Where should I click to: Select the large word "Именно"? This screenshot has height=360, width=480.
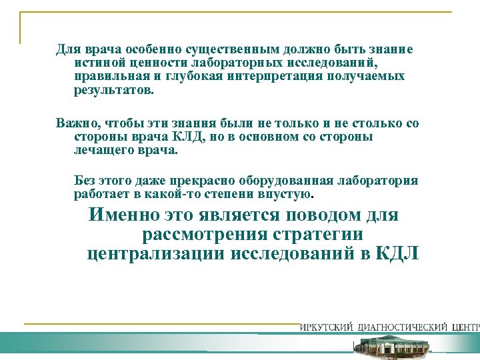tap(124, 216)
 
